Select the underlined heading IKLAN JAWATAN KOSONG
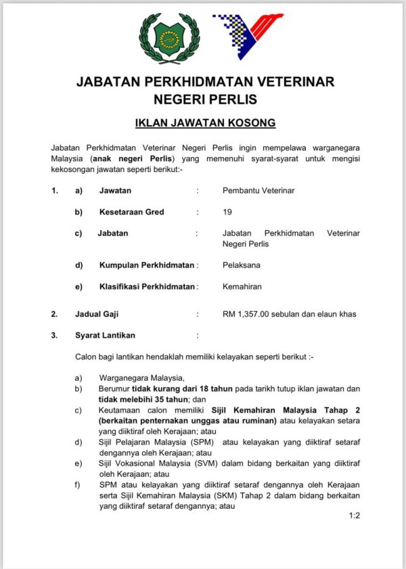(205, 124)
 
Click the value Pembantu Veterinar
(258, 191)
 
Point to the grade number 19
(227, 212)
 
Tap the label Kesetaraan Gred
(131, 212)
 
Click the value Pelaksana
(242, 265)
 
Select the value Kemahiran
(242, 287)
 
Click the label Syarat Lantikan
(105, 335)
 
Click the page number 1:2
(355, 516)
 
